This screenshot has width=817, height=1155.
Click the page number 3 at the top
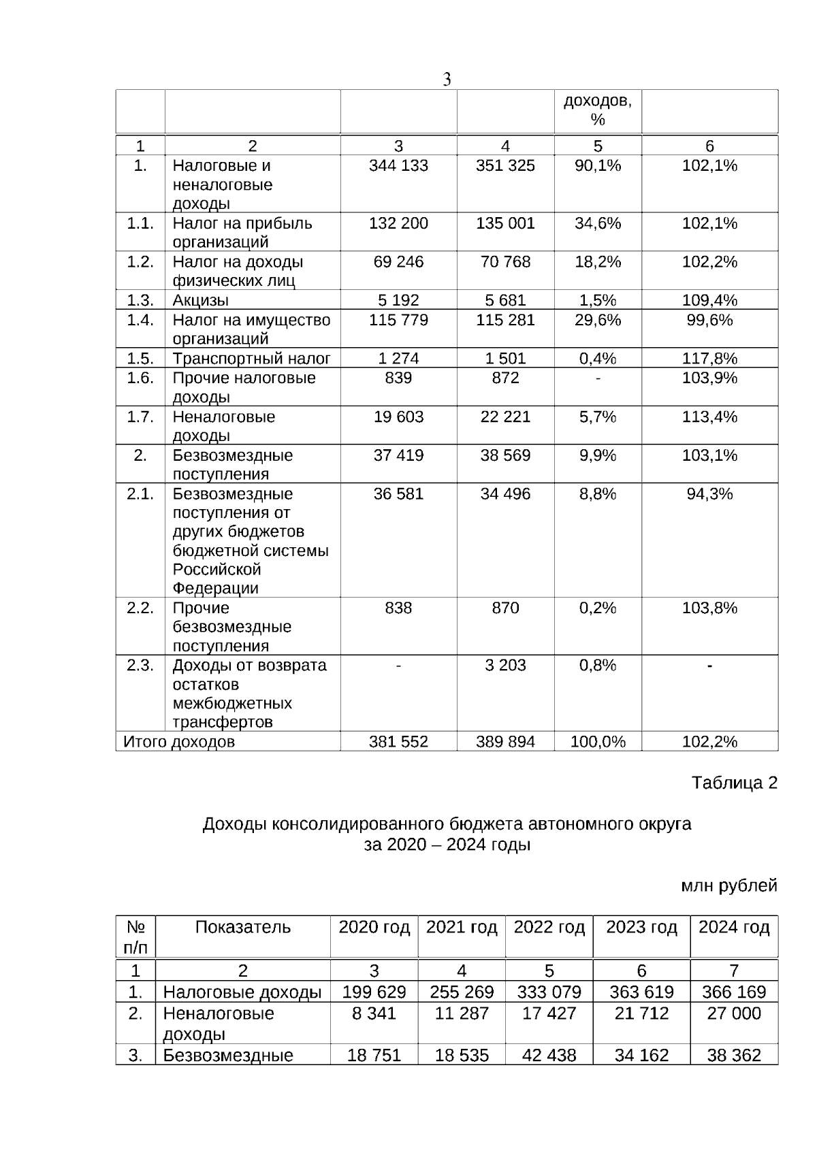coord(447,80)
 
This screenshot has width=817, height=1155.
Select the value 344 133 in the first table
coord(398,165)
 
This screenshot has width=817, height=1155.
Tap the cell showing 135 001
coord(505,223)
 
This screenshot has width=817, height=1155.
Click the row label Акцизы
coord(201,300)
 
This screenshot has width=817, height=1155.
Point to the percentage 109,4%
coord(709,300)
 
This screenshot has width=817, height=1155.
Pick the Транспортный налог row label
coord(251,358)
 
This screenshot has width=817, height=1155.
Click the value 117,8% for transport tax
coord(709,358)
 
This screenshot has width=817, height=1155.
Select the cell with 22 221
coord(505,417)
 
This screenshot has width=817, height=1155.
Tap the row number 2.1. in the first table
coord(140,493)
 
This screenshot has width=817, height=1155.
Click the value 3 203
coord(505,665)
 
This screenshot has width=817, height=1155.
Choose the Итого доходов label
coord(179,741)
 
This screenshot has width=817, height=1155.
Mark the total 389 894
coord(505,741)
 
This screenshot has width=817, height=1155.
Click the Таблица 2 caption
coord(734,783)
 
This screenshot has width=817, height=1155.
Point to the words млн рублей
coord(729,885)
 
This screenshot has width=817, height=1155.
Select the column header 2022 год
coord(549,927)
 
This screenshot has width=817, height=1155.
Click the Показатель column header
coord(242,927)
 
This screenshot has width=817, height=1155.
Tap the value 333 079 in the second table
coord(549,992)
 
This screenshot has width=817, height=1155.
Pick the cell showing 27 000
coord(734,1013)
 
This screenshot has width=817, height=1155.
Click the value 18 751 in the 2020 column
coord(374,1055)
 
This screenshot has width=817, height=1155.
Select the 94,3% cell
coord(709,493)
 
